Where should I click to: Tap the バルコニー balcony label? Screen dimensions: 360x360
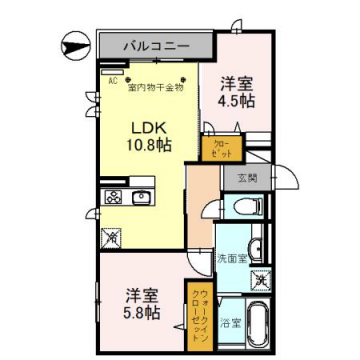tap(156, 45)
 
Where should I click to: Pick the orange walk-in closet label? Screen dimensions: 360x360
tap(196, 311)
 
